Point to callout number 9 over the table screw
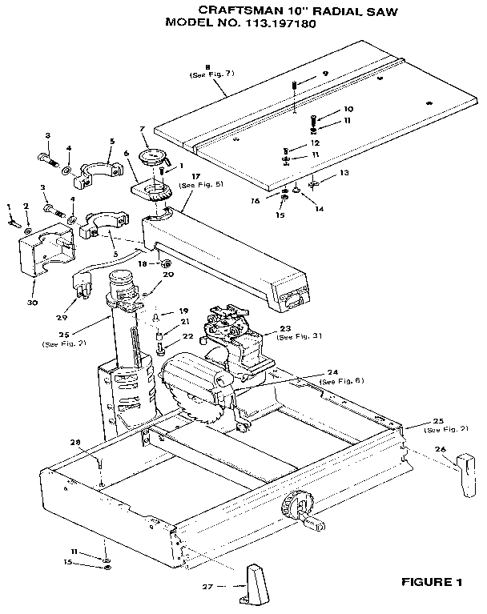coord(325,74)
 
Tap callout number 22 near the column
coord(187,336)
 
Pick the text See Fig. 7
coord(207,75)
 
